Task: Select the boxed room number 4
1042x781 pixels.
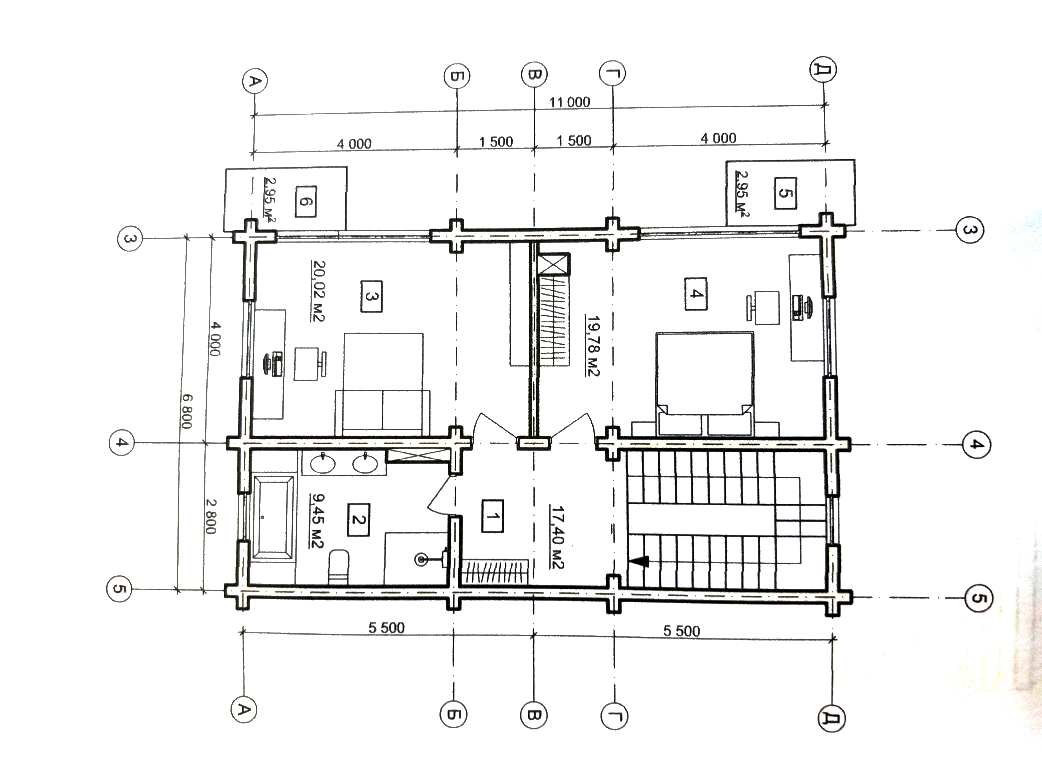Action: (696, 294)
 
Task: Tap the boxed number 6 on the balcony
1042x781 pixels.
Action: (306, 201)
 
